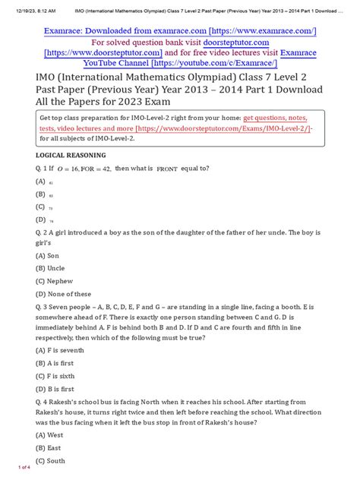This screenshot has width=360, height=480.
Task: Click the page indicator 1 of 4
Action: (18, 466)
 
